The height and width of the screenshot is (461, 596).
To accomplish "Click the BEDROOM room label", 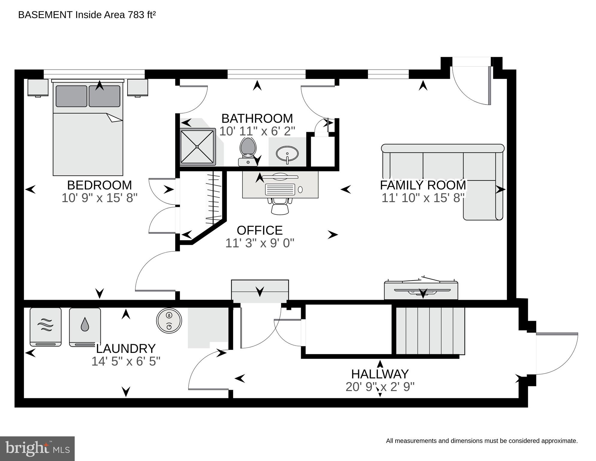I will tap(99, 185).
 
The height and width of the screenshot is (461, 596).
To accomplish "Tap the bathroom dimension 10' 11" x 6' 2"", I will tap(257, 131).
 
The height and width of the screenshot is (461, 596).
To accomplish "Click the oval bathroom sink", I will tap(287, 153).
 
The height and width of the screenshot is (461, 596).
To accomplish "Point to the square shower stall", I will tap(197, 147).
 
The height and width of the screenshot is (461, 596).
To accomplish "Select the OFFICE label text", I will tap(259, 230).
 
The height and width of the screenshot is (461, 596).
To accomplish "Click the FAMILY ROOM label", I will tap(423, 185).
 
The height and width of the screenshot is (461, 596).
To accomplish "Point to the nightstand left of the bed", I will tap(38, 87).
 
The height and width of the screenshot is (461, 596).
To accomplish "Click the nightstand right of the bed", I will tap(137, 87).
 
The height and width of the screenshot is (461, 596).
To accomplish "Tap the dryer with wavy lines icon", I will tap(46, 326).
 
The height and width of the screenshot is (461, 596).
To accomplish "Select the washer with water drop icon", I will tap(85, 326).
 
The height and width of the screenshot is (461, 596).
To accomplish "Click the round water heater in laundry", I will tap(169, 320).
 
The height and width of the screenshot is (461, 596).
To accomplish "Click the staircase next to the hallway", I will tap(430, 330).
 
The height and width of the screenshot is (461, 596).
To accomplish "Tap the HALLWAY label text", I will tap(380, 374).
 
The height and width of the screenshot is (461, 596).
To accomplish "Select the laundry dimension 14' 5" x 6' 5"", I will tap(126, 361).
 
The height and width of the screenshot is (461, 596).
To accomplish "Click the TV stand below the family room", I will tap(421, 290).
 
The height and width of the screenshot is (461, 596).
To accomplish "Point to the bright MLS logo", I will tap(37, 448).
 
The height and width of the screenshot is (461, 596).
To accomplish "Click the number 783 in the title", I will tap(136, 15).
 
